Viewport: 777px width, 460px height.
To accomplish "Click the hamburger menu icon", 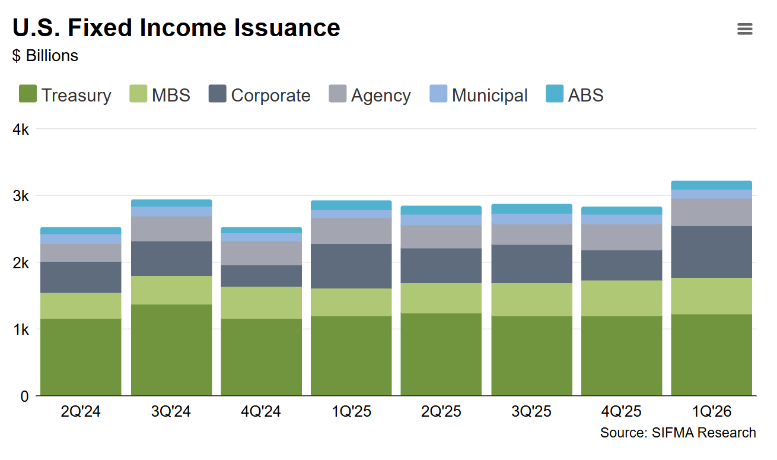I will [x=744, y=29].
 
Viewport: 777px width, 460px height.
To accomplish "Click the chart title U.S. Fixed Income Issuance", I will [x=176, y=28].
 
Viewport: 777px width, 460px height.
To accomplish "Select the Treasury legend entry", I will [x=65, y=95].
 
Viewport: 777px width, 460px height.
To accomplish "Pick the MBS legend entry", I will [x=160, y=95].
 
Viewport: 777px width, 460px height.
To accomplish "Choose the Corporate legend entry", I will [x=260, y=95].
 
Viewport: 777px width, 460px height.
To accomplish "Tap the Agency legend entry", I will [x=370, y=95].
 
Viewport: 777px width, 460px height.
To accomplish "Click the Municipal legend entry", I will [x=479, y=95].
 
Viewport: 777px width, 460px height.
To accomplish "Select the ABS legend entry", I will [x=575, y=95].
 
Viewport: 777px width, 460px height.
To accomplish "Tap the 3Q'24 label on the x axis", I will [x=171, y=411].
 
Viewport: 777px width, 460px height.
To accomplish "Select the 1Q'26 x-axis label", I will [x=711, y=411].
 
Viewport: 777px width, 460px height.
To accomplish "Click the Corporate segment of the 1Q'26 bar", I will [x=711, y=252].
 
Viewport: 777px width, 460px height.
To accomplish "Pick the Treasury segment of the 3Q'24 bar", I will [x=171, y=350].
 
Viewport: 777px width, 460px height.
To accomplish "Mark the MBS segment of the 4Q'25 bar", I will [x=621, y=298].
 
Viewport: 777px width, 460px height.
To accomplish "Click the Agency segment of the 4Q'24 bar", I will [x=261, y=253].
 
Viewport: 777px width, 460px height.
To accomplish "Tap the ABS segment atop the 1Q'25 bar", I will [x=351, y=205].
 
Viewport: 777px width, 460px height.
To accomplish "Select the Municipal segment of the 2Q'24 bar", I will [x=81, y=239].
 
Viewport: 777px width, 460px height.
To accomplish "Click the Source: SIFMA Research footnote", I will [x=678, y=433].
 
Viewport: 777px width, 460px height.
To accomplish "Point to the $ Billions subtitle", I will [x=45, y=56].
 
